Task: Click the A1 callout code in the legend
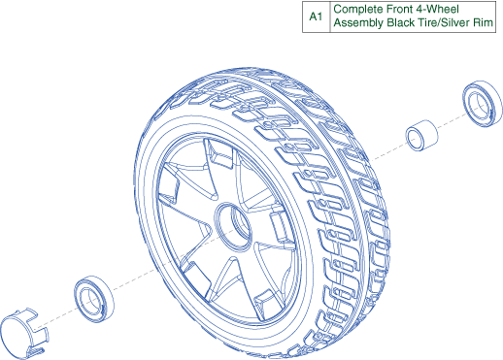[316, 16]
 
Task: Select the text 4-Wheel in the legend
[436, 9]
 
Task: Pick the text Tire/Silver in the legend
[443, 22]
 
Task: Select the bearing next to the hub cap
[94, 299]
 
